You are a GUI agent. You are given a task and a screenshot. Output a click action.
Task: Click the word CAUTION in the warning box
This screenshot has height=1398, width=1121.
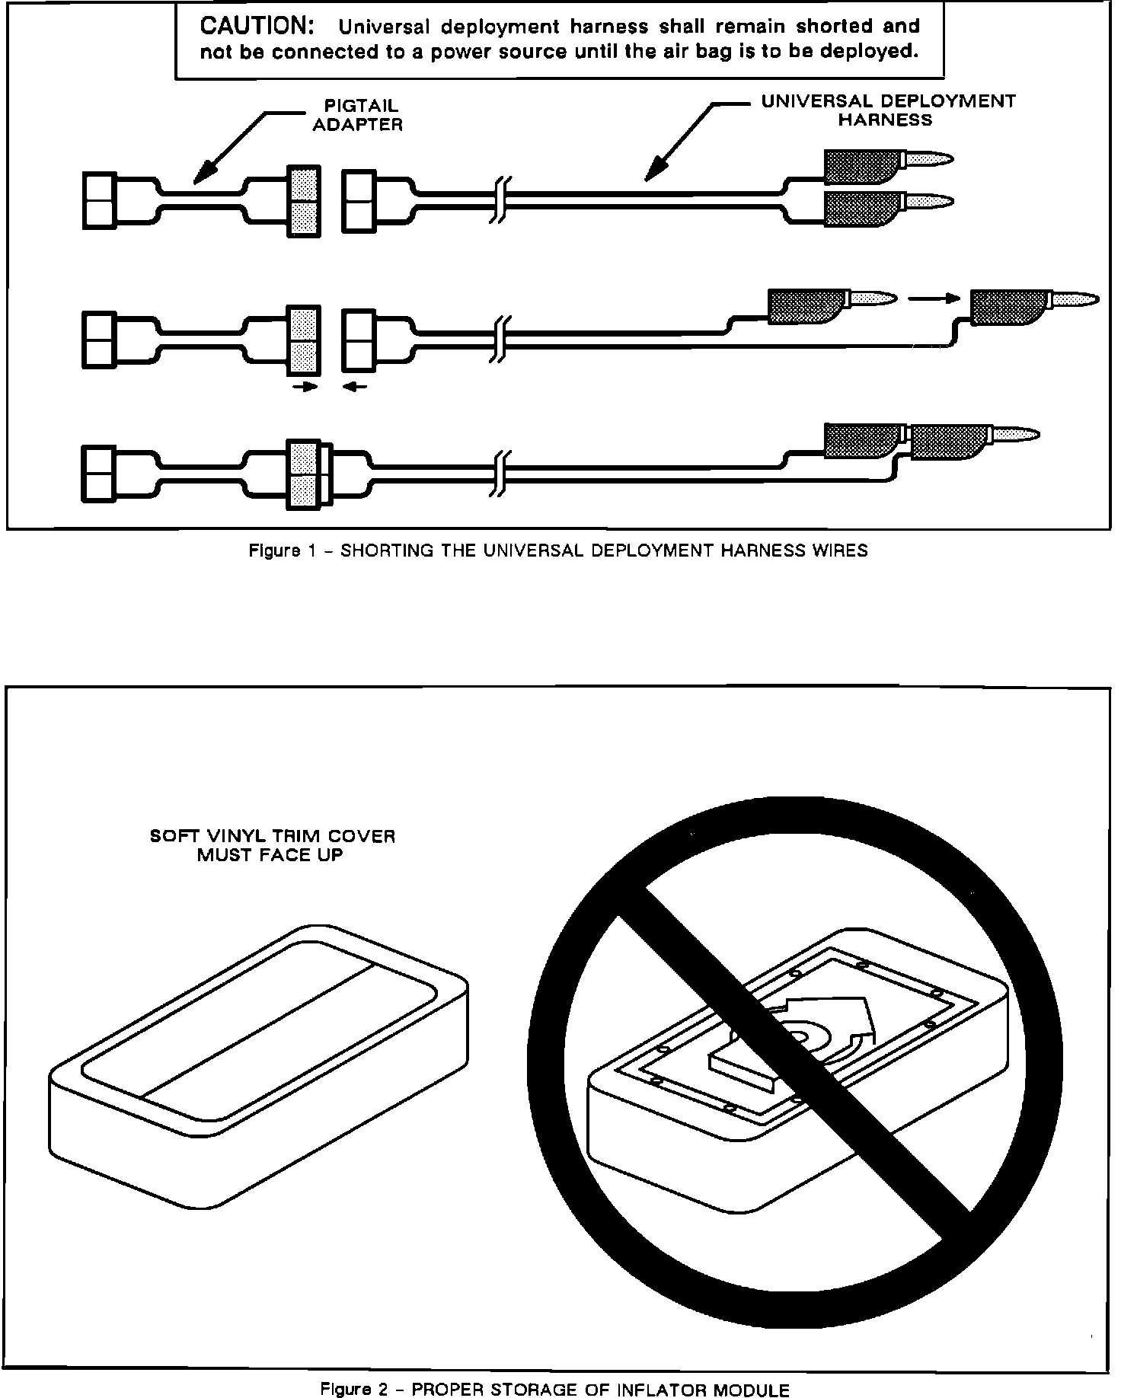click(257, 26)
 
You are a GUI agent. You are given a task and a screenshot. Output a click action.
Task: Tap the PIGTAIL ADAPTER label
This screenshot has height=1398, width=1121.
click(358, 116)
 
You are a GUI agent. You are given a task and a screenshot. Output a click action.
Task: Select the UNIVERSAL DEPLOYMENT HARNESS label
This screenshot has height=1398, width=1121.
click(888, 110)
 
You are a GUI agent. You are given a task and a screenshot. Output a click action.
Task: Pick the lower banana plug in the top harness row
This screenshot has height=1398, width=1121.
click(886, 204)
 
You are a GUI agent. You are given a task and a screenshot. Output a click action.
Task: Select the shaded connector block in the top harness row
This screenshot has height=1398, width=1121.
click(304, 201)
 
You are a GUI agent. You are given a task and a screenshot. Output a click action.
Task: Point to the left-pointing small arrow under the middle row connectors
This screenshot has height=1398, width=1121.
click(354, 387)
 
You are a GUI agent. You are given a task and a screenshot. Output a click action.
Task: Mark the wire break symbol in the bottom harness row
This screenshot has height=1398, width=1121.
click(500, 473)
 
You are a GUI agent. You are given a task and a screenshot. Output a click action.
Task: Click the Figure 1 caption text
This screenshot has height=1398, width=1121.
click(558, 551)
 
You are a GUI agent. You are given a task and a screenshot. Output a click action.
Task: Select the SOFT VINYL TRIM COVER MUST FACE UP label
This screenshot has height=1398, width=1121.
click(273, 845)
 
